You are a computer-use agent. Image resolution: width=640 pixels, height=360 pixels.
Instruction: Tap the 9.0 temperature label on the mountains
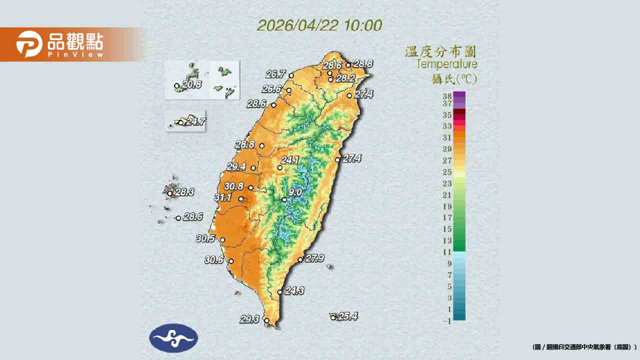click(295, 192)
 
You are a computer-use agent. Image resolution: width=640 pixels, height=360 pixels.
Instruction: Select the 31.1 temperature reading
click(223, 198)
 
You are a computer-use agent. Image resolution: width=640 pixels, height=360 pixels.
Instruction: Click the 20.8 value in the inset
click(191, 85)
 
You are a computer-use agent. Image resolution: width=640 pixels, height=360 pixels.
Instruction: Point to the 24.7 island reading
click(195, 121)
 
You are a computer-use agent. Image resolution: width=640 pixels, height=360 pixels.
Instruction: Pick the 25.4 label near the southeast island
click(347, 316)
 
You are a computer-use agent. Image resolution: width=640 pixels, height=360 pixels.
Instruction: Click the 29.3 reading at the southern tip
click(249, 319)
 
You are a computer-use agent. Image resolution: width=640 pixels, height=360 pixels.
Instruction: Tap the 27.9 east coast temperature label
click(314, 258)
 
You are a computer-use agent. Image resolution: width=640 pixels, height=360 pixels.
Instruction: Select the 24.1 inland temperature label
click(290, 160)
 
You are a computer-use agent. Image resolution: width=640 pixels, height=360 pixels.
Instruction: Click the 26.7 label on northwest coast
click(275, 74)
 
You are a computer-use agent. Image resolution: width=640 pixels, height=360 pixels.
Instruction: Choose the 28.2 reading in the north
click(345, 78)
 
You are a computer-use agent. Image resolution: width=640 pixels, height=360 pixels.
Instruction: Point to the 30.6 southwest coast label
click(214, 259)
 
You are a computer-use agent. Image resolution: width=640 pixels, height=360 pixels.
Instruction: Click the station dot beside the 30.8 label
click(250, 188)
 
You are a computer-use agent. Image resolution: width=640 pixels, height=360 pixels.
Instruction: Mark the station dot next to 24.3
click(279, 292)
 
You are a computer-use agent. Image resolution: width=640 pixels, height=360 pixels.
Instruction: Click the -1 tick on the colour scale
click(446, 321)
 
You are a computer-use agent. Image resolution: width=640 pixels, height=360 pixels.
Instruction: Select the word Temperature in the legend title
click(446, 64)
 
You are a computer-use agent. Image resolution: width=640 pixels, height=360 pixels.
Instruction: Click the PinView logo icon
click(29, 44)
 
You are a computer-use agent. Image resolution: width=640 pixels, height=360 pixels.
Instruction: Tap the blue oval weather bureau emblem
click(173, 338)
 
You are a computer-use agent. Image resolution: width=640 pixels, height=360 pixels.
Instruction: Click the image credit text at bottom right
click(584, 347)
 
